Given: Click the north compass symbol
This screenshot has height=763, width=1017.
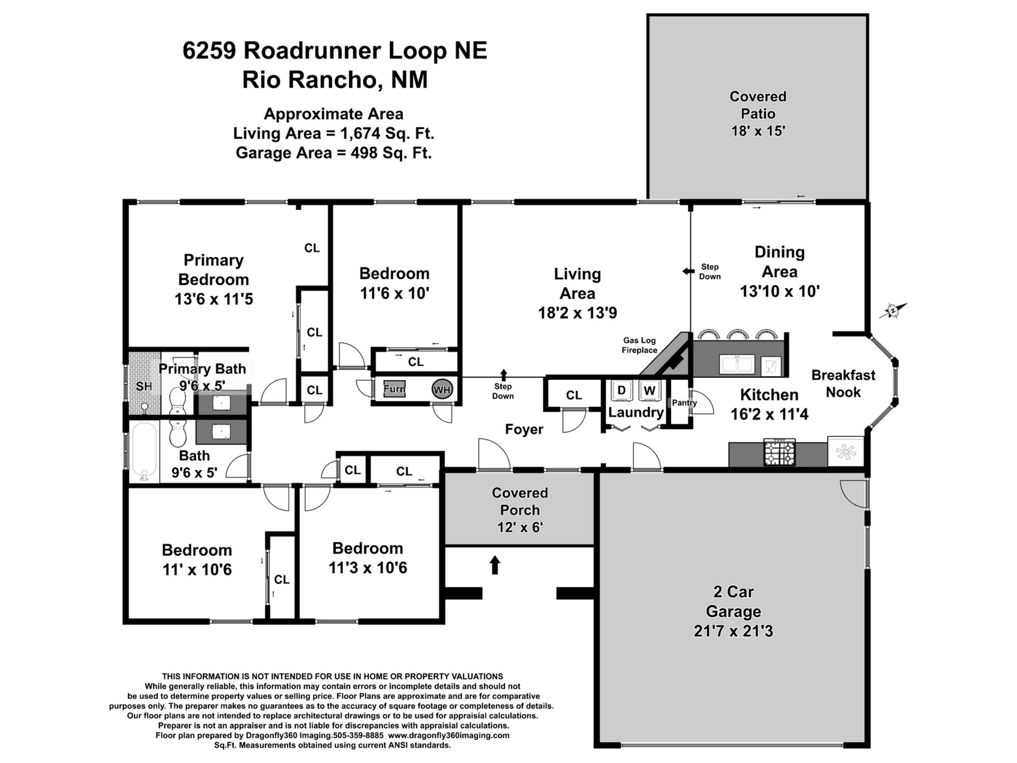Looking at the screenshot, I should coord(893,311).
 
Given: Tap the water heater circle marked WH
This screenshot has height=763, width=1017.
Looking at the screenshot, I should coord(442,390).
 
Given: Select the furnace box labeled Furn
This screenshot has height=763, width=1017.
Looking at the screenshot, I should coord(394,389).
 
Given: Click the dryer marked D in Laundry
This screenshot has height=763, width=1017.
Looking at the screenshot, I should coord(621,390).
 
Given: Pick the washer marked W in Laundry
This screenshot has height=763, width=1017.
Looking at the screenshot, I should coord(649,390).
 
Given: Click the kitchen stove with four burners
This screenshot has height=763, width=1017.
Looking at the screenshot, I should coord(779,453).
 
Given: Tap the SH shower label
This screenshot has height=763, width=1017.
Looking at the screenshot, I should coord(143,386).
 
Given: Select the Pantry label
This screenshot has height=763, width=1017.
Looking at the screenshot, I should coord(684,403).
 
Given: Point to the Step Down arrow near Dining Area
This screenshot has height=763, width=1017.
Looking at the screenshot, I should coord(688,271).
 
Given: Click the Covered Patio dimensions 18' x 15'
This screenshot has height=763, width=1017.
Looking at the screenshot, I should coord(758,131).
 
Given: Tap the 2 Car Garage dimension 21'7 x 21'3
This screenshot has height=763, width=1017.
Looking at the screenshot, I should coord(733,630).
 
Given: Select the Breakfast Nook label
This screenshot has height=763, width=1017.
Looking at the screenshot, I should coord(843,383).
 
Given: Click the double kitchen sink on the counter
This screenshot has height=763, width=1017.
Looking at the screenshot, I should coord(737,364).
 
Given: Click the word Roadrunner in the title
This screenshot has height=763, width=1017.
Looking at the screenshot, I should coord(312,50).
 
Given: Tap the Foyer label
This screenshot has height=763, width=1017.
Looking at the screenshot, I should coord(524,429).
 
